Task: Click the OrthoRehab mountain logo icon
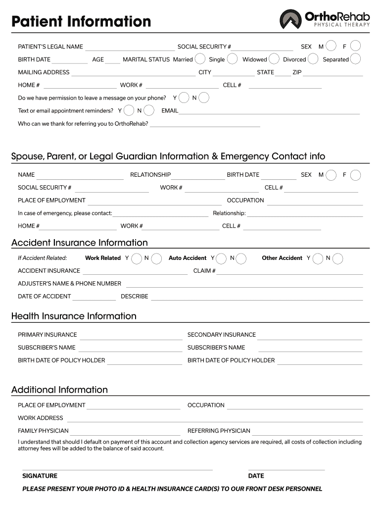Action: click(290, 20)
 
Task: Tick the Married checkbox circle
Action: click(200, 59)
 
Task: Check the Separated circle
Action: click(355, 59)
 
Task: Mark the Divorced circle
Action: click(313, 59)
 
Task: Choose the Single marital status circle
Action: click(232, 59)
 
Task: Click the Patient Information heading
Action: click(81, 22)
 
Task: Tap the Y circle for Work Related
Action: click(136, 258)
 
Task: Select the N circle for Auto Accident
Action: click(241, 258)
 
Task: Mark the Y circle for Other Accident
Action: click(317, 258)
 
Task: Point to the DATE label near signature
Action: click(256, 476)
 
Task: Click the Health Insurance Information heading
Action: click(74, 316)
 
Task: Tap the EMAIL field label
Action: click(170, 111)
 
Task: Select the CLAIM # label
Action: click(204, 271)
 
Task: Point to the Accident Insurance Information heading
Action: click(80, 243)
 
